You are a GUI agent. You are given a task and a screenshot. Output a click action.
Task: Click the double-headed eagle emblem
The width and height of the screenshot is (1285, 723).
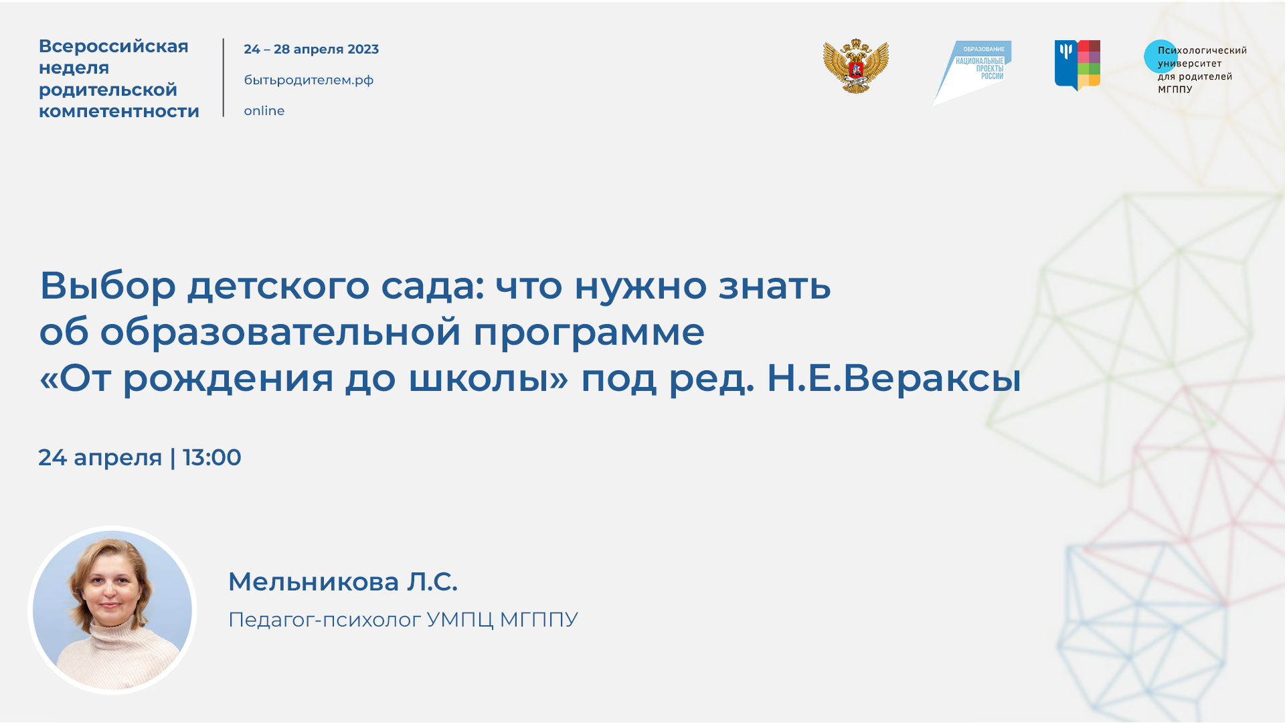click(855, 66)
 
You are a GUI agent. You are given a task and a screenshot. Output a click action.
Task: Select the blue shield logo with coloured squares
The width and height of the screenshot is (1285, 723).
click(1077, 65)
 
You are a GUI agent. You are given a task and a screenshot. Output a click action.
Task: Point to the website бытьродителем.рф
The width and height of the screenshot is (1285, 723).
click(309, 80)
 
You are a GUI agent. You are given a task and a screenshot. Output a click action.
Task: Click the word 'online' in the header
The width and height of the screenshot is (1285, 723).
click(264, 111)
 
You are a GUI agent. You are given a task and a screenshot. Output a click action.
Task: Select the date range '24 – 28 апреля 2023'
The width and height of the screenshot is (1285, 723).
click(311, 50)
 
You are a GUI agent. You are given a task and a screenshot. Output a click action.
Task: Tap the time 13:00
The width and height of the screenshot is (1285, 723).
click(211, 458)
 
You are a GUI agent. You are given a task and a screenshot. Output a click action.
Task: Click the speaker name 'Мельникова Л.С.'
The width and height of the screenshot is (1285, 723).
click(343, 582)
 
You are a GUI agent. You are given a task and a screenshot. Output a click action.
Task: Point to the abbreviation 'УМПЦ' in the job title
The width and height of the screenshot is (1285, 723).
click(459, 620)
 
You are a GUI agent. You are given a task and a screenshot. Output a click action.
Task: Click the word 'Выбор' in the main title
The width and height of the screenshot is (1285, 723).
click(108, 286)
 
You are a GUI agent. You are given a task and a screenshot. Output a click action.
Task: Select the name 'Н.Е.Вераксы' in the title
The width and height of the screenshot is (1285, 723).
click(893, 378)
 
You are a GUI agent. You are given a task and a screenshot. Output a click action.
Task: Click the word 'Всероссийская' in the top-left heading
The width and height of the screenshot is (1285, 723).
click(113, 46)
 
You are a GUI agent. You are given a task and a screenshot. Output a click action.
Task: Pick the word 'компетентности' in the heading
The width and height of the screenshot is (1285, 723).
click(118, 111)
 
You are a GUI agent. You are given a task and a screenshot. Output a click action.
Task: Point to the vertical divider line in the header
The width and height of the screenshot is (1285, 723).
click(224, 78)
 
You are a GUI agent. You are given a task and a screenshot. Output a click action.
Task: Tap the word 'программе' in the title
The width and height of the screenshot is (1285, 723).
click(588, 332)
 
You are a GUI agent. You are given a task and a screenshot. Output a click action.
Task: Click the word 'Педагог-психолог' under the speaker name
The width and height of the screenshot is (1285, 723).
click(325, 620)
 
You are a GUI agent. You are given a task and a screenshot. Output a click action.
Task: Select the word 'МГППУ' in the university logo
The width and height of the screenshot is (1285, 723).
click(1175, 90)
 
